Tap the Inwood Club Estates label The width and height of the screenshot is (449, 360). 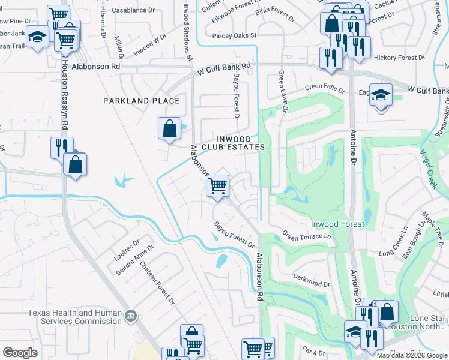[x=232, y=142]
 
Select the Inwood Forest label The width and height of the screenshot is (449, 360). [x=337, y=224]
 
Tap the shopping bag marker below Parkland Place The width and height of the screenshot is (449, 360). [x=170, y=128]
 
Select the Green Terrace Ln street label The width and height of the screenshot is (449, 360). [x=306, y=236]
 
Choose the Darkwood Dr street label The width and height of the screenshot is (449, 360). [x=312, y=280]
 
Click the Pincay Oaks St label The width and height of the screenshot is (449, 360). [x=234, y=35]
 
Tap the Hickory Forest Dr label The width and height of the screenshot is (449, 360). [x=399, y=58]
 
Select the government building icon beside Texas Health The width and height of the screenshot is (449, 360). [x=130, y=316]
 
